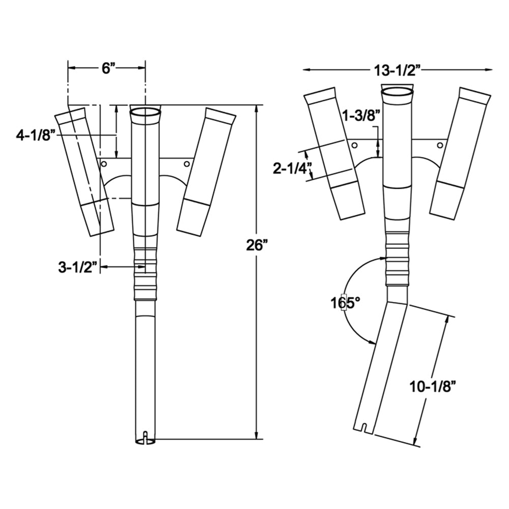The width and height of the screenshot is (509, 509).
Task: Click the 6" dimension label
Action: click(106, 69)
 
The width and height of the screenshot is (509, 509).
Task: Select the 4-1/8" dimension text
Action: click(35, 135)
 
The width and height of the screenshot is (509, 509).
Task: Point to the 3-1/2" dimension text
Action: click(77, 267)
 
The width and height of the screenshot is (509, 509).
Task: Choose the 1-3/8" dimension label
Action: click(362, 116)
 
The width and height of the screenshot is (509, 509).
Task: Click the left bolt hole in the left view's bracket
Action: click(104, 164)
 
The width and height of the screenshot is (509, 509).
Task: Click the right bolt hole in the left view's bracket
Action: click(187, 164)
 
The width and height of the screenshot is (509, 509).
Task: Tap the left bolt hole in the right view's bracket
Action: click(355, 146)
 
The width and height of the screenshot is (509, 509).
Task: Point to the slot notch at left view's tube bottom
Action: click(146, 437)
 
